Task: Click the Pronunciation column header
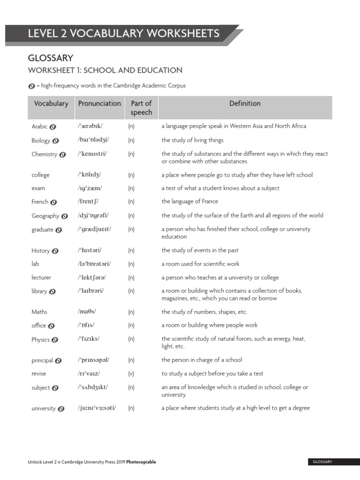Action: coord(99,104)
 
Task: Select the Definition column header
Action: coord(245,104)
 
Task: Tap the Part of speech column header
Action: coord(141,108)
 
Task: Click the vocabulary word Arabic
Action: coord(39,127)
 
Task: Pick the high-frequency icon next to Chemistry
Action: coord(63,154)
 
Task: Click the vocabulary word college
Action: coord(40,175)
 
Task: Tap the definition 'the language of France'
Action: coord(189,202)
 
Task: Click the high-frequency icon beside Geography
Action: coord(65,216)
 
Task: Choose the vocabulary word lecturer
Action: coord(41,277)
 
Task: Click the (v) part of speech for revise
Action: coord(131,374)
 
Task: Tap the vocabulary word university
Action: coord(44,408)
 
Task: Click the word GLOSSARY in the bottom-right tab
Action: coord(322,462)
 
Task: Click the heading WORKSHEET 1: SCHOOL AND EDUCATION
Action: coord(105,70)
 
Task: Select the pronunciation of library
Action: coord(91,291)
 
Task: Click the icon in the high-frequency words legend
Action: coord(31,86)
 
